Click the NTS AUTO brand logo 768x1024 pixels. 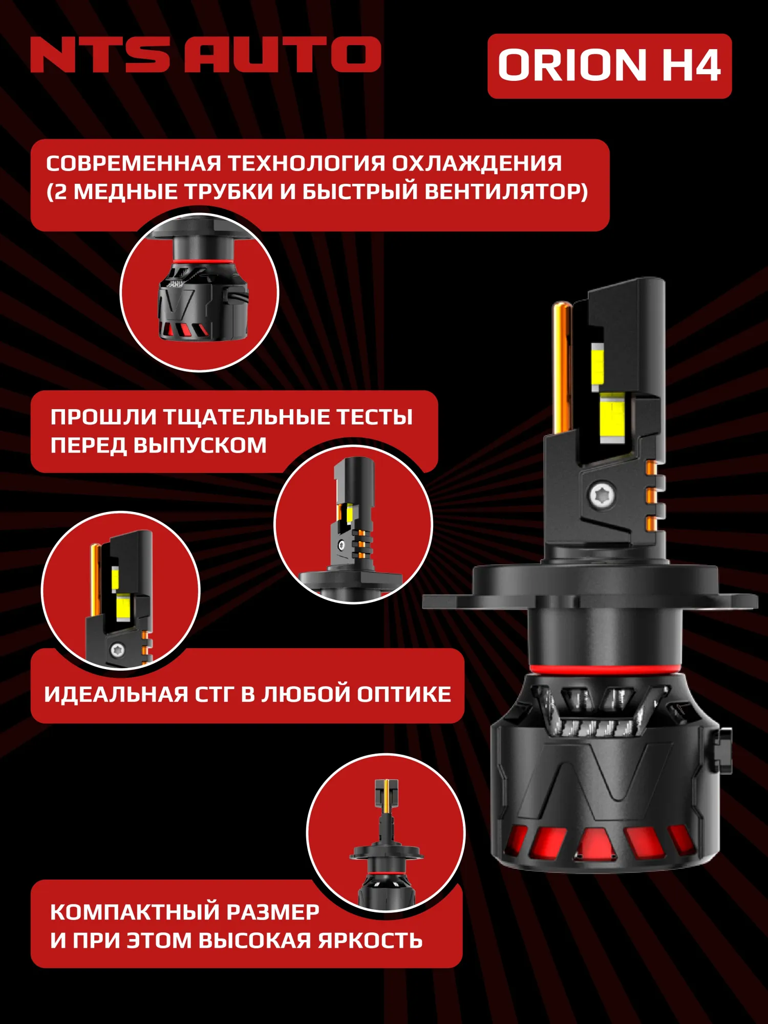(x=205, y=54)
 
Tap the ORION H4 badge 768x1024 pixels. (x=609, y=66)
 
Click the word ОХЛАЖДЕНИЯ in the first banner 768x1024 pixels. (x=477, y=164)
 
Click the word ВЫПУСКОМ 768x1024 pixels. (x=200, y=445)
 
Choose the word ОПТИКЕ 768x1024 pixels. (x=404, y=695)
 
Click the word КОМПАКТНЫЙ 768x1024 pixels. (x=134, y=912)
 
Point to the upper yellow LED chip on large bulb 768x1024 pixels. (x=598, y=365)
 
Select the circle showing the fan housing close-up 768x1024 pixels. (x=199, y=292)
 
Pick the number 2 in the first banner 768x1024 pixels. (x=60, y=193)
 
